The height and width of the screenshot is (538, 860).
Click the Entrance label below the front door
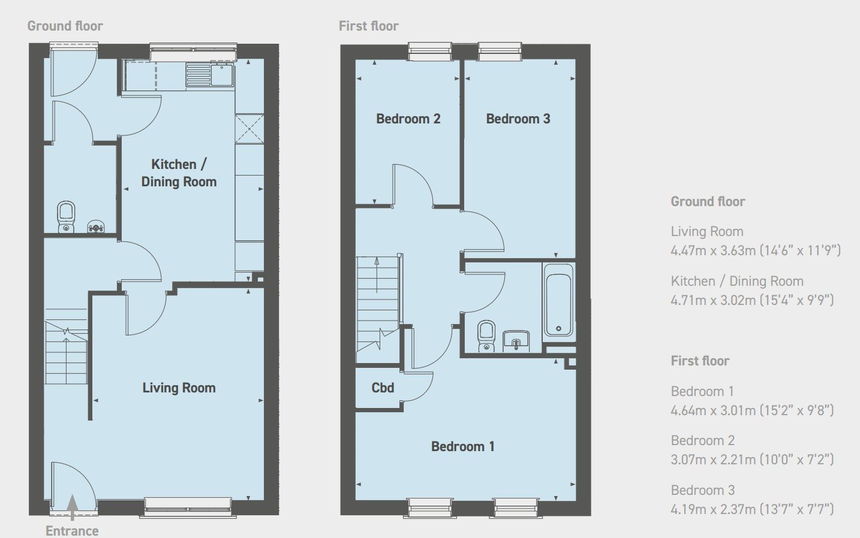(x=72, y=531)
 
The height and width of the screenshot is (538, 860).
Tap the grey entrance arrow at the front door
(x=72, y=507)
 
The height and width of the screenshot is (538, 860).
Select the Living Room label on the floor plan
(x=179, y=388)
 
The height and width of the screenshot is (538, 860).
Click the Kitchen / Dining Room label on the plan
(x=179, y=173)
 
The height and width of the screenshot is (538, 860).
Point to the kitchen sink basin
(x=222, y=75)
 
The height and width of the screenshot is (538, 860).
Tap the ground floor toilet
(x=67, y=217)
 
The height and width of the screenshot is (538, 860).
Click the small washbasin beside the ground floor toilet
(x=95, y=226)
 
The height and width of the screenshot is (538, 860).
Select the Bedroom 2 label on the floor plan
(x=408, y=119)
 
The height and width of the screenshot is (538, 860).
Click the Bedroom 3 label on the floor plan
(x=518, y=119)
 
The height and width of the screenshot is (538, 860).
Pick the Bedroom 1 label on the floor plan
(x=462, y=446)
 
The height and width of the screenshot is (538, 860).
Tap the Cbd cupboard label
(x=383, y=388)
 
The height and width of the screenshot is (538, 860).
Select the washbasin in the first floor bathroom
(x=516, y=341)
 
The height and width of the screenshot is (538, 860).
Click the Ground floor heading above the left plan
(x=65, y=26)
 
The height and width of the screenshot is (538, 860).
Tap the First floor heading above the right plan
(x=369, y=26)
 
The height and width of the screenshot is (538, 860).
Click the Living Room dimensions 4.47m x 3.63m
(x=756, y=250)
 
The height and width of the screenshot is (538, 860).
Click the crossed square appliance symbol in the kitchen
(x=249, y=129)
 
